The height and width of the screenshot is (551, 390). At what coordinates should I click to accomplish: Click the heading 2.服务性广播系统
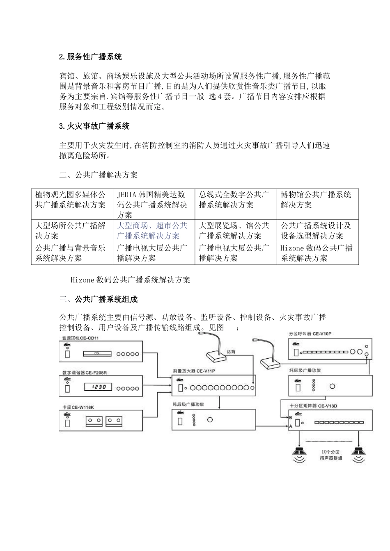click(x=90, y=57)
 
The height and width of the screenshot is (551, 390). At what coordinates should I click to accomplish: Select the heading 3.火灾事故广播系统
click(x=94, y=126)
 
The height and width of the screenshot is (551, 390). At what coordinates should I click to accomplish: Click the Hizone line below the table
click(x=130, y=280)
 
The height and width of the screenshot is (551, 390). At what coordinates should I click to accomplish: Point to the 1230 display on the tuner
click(x=98, y=387)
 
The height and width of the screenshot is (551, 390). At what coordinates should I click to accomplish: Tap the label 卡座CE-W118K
click(x=78, y=407)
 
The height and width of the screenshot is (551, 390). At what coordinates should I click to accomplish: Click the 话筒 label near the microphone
click(x=231, y=351)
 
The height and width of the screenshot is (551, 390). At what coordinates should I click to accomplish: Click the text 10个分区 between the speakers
click(x=330, y=453)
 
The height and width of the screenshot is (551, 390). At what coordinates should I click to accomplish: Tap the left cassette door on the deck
click(x=94, y=421)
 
